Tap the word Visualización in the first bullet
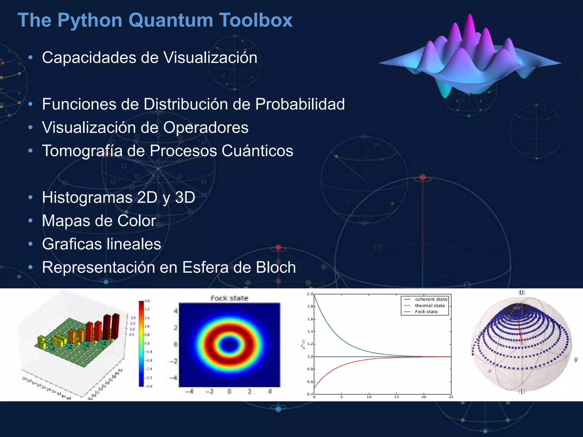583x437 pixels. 210,57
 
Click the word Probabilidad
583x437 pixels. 300,104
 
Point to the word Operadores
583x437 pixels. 206,127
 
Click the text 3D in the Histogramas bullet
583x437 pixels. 185,197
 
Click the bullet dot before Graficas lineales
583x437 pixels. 30,244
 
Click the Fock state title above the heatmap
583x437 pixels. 229,298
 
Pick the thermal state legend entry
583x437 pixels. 430,306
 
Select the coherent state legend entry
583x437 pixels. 431,299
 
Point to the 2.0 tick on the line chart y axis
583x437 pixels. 310,294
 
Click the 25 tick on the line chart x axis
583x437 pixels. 451,397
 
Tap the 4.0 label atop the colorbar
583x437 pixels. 147,301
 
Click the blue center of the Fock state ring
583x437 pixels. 229,345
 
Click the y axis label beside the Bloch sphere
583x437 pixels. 576,360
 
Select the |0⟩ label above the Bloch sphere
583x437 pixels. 522,292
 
